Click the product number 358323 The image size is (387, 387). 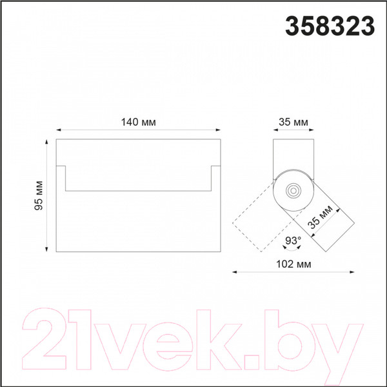[x=330, y=26]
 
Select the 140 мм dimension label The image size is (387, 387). [x=139, y=122]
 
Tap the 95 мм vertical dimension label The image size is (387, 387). [x=39, y=195]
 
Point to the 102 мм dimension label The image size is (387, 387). [x=293, y=264]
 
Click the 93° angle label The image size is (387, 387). [x=293, y=241]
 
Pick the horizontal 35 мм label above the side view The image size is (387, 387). [x=293, y=122]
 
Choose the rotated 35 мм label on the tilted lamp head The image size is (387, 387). [x=321, y=217]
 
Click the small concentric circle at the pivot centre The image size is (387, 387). [x=293, y=190]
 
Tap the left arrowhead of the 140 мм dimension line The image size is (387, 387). [x=59, y=130]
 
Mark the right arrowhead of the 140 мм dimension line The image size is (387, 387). [x=218, y=130]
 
